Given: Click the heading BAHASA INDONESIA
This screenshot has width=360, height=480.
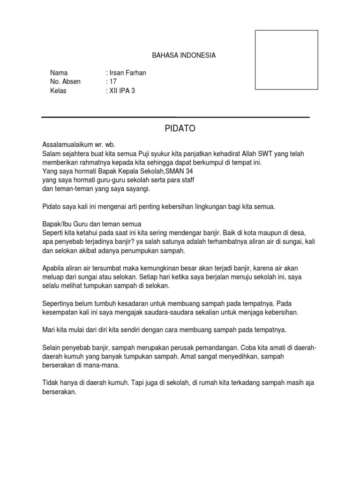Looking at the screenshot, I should [184, 55].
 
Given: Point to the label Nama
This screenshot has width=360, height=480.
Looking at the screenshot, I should [59, 73].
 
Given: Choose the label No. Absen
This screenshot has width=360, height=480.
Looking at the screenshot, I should [65, 82].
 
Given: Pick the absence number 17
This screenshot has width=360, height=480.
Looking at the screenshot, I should [112, 82].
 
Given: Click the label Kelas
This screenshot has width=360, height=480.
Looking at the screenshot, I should [58, 90].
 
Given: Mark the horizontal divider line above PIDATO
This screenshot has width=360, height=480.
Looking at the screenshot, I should [175, 117].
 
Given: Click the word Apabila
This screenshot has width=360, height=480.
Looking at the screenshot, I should [52, 268].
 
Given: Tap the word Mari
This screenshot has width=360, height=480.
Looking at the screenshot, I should [48, 330].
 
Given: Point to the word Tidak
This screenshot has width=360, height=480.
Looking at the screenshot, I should [50, 382].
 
